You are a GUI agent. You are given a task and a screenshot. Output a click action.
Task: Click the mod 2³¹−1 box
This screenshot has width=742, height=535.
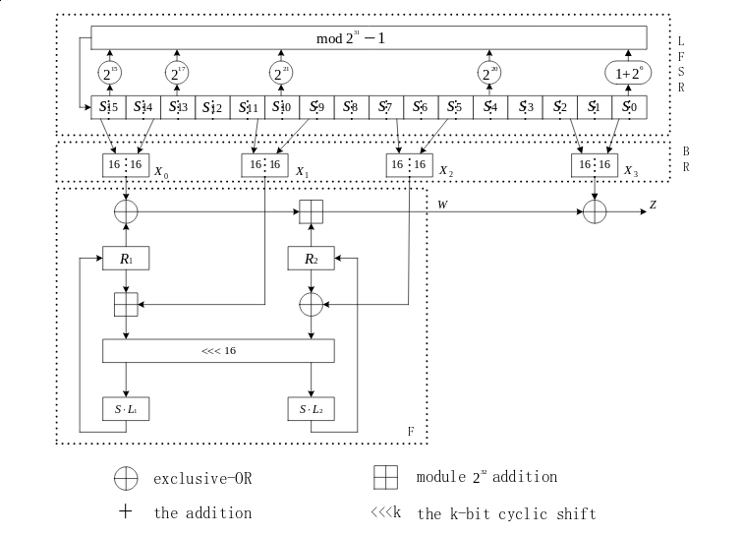click(369, 38)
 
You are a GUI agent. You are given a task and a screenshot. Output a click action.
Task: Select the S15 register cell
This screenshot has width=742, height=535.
click(109, 106)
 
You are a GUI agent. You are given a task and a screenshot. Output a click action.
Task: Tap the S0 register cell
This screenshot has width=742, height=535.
click(629, 106)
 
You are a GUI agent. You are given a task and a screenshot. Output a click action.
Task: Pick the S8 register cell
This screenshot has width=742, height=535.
click(352, 106)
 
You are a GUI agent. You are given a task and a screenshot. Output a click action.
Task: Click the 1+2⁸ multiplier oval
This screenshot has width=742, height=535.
click(628, 73)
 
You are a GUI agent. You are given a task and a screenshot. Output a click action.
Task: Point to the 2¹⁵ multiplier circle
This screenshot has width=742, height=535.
click(109, 73)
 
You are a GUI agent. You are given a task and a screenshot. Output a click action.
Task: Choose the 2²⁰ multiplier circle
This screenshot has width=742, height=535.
click(489, 73)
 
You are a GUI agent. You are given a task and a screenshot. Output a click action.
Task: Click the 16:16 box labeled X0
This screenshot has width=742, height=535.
click(126, 166)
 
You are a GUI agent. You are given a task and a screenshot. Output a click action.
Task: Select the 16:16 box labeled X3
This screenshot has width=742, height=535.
click(595, 166)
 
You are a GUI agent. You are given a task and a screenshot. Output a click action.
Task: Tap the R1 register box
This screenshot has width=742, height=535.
click(126, 259)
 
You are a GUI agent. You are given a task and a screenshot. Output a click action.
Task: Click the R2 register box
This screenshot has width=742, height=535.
click(311, 259)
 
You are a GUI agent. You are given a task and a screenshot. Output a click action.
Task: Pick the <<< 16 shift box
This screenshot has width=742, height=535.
click(218, 350)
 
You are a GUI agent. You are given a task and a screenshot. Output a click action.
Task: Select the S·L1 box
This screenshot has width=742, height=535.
click(126, 407)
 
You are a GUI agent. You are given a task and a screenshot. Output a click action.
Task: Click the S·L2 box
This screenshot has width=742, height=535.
click(311, 407)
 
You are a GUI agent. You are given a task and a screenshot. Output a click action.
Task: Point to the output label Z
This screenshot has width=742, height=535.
click(653, 206)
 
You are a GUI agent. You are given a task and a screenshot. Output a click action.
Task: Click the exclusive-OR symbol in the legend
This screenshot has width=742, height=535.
click(126, 478)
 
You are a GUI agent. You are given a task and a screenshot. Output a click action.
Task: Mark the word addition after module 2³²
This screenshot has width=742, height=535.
click(525, 477)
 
